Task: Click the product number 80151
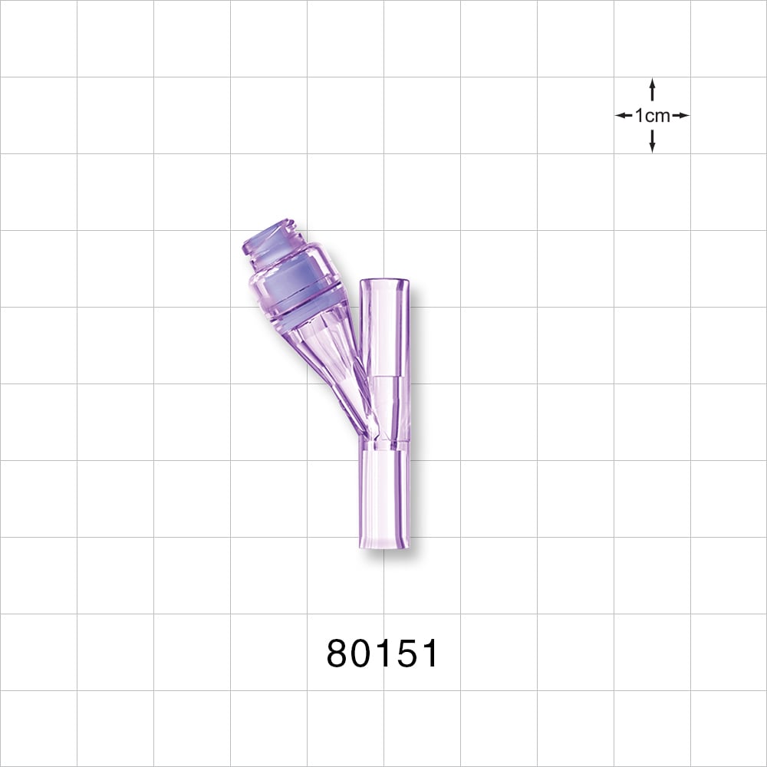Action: coord(383,653)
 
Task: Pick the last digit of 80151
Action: coord(427,653)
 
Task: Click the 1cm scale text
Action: coord(652,116)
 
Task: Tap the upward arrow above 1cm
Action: coord(652,87)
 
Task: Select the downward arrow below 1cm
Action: coord(652,143)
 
